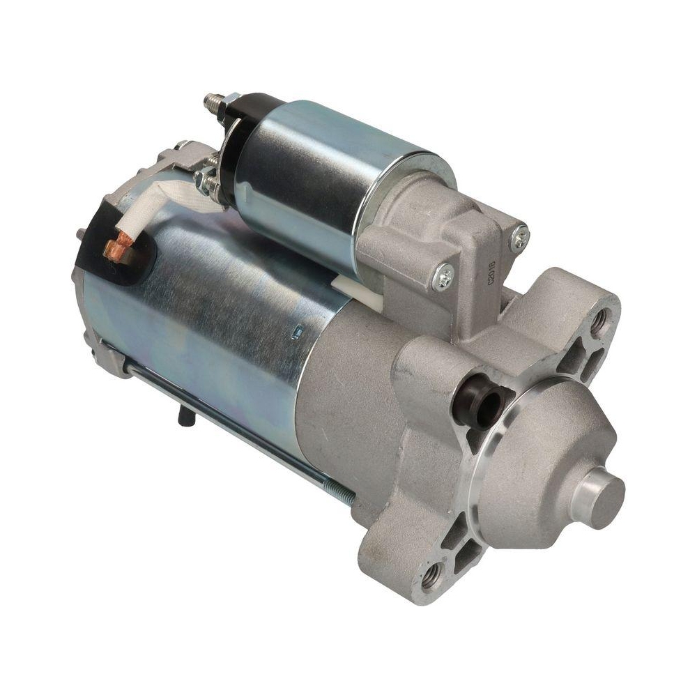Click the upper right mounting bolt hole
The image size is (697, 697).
[597, 321]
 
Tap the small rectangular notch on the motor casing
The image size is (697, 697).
[295, 332]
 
